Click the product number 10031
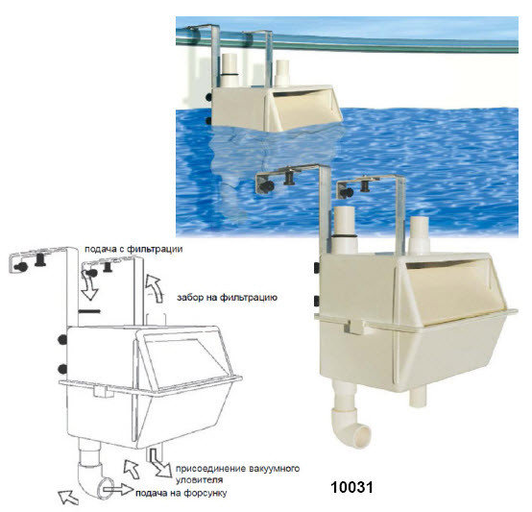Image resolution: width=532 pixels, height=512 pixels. click(x=351, y=488)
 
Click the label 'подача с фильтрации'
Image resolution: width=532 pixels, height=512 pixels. click(x=133, y=250)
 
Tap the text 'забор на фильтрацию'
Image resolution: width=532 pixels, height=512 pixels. click(x=227, y=298)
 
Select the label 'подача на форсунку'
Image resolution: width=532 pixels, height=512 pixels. click(x=181, y=493)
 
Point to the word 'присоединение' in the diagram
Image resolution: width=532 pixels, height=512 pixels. click(x=210, y=469)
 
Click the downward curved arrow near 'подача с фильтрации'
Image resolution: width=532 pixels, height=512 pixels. click(x=89, y=287)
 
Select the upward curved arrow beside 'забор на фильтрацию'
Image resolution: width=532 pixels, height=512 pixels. click(x=154, y=288)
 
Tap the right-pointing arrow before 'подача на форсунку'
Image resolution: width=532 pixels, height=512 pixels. click(x=118, y=489)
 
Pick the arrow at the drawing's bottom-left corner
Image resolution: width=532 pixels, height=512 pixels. click(x=68, y=497)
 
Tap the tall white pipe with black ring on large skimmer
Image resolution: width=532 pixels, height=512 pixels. click(x=344, y=230)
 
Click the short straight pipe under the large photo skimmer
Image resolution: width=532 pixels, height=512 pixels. click(x=417, y=397)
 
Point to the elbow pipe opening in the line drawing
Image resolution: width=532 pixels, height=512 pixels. click(x=106, y=488)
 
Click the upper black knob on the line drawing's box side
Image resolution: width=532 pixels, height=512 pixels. click(x=62, y=339)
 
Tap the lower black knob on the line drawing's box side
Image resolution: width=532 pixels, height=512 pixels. click(x=62, y=369)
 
